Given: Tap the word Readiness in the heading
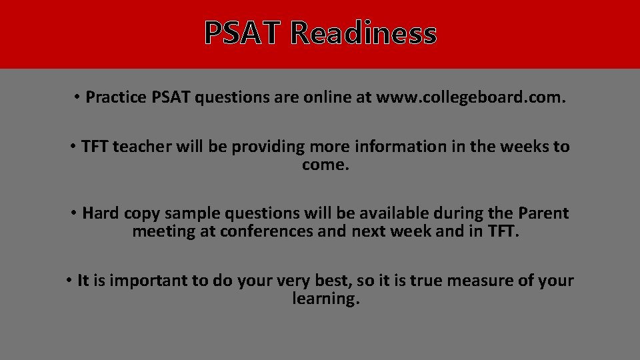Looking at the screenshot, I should click(x=363, y=33).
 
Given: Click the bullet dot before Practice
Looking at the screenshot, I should click(x=77, y=98).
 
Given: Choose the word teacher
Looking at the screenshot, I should click(x=142, y=147).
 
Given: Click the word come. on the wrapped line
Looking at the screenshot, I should click(x=325, y=165).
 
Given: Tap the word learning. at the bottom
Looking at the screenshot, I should click(x=326, y=299).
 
